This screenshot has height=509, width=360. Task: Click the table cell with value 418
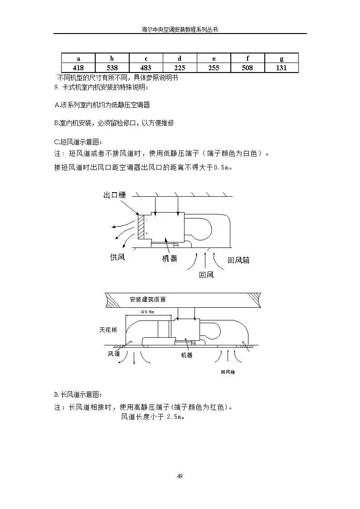click(x=78, y=68)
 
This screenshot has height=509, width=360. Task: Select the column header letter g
click(x=282, y=58)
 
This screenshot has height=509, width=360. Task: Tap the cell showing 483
click(x=146, y=68)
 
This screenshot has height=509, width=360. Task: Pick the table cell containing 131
click(x=282, y=68)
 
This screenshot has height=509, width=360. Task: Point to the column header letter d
click(x=180, y=58)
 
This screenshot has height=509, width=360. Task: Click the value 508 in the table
click(x=248, y=68)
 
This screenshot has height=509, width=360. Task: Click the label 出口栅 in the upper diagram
click(x=114, y=195)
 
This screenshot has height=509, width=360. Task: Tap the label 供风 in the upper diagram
click(x=117, y=257)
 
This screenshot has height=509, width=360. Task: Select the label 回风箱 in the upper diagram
click(x=238, y=260)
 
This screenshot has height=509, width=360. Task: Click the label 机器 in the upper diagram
click(x=170, y=259)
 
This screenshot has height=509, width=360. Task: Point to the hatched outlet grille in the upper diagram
click(x=142, y=227)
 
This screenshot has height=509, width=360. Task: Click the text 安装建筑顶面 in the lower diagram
click(x=147, y=300)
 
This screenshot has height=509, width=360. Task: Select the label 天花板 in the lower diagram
click(x=109, y=330)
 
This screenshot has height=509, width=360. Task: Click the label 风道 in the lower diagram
click(x=114, y=354)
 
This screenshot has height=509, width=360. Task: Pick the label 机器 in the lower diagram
click(x=186, y=355)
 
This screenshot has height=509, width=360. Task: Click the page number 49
click(x=180, y=476)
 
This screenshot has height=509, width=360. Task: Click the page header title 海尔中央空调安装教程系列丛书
click(x=180, y=29)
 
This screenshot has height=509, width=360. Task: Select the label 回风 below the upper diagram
click(x=206, y=275)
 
